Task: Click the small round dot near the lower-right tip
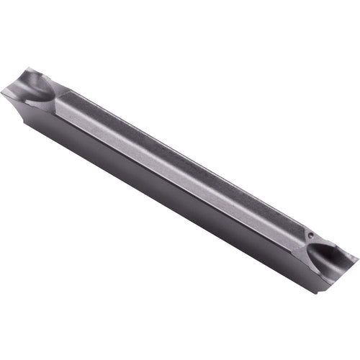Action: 310,235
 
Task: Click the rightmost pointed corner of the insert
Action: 358,256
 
